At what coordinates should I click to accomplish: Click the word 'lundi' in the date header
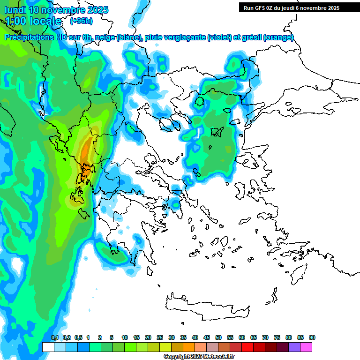(15, 9)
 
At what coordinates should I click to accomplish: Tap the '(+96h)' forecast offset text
(81, 21)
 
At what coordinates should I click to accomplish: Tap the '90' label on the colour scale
(312, 337)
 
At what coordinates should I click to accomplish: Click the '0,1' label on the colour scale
(54, 337)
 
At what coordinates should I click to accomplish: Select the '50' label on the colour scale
(218, 337)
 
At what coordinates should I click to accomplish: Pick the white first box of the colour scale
(48, 347)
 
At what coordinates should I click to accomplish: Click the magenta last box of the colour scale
(306, 347)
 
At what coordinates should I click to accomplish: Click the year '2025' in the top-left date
(95, 9)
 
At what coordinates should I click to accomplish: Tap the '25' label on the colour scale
(160, 337)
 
